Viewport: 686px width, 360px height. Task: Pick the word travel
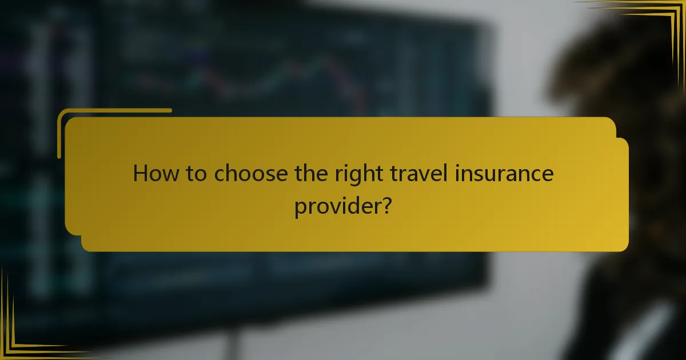coord(414,173)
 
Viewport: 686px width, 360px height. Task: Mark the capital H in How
coord(139,173)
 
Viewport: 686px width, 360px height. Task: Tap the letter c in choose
coord(220,175)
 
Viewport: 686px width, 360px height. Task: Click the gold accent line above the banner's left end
coord(114,111)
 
